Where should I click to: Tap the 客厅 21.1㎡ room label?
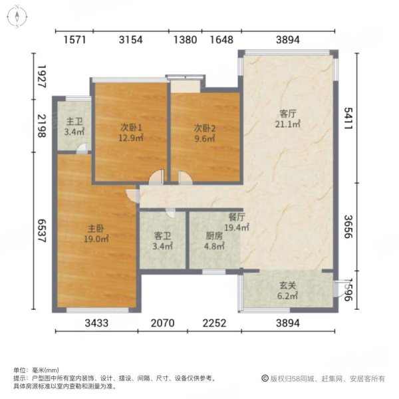288,118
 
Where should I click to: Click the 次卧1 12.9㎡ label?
131,133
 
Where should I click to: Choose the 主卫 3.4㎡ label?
73,127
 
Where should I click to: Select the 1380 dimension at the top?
185,40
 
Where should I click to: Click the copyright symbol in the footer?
264,378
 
